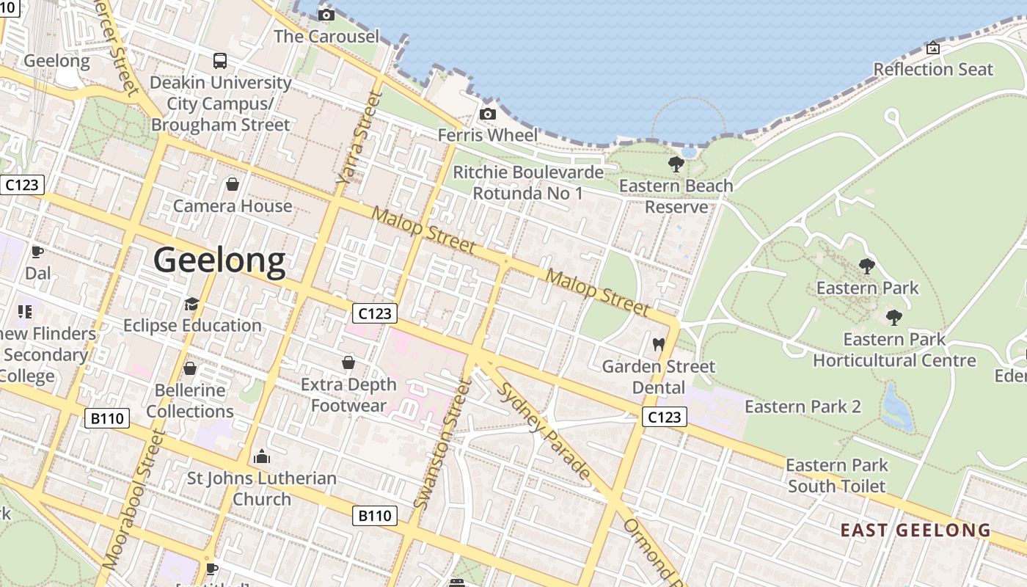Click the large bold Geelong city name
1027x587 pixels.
[x=219, y=261]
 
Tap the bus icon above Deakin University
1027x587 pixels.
[x=220, y=60]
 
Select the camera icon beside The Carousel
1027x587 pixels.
[x=326, y=15]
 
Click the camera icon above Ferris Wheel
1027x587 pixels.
[x=488, y=114]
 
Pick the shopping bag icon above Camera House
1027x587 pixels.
[x=233, y=183]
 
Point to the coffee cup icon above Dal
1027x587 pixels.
[x=37, y=252]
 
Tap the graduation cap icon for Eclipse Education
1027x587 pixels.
[x=191, y=304]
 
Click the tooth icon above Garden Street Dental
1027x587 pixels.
[x=658, y=344]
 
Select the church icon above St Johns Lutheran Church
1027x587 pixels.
[x=262, y=457]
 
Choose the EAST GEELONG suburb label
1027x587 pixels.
[x=915, y=531]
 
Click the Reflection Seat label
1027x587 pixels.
[x=933, y=70]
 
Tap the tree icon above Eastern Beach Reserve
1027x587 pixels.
[x=676, y=164]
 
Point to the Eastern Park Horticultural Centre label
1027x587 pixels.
[x=894, y=350]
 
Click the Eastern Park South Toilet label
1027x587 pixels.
[x=837, y=475]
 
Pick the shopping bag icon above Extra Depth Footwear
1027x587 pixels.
[x=348, y=362]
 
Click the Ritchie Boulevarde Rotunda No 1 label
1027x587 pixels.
[x=528, y=183]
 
